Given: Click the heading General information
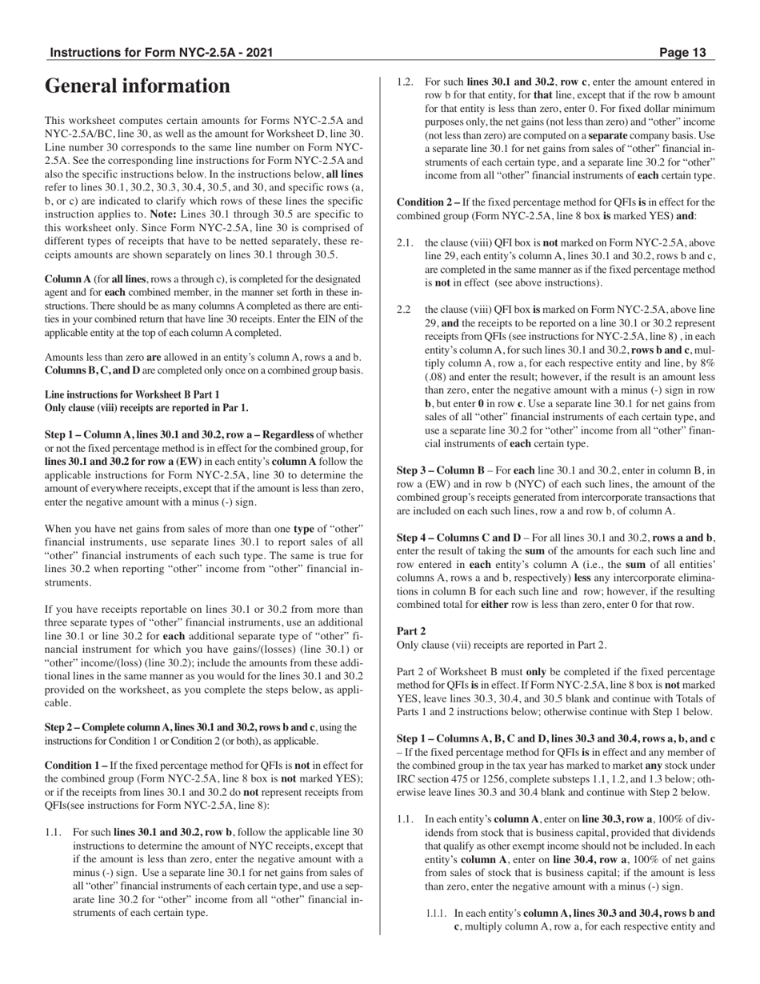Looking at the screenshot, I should (137, 86).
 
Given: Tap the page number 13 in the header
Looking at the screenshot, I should (694, 53).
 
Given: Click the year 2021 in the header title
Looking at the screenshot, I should (258, 53).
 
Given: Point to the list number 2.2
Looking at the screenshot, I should (405, 310).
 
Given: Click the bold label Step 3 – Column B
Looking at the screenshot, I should (441, 470).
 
